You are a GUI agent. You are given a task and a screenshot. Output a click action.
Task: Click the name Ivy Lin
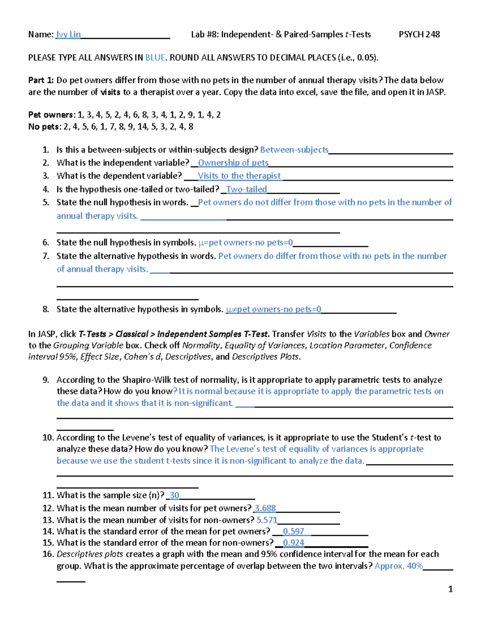click(69, 34)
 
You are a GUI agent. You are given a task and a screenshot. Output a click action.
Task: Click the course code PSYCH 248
click(419, 34)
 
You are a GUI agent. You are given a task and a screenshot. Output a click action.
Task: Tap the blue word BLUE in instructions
click(155, 58)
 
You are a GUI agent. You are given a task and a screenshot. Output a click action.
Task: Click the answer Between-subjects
click(294, 150)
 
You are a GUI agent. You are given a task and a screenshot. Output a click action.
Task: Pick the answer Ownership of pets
click(233, 163)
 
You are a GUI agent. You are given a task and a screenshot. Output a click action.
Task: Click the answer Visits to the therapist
click(239, 176)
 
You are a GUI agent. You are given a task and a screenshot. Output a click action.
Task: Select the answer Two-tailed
click(247, 189)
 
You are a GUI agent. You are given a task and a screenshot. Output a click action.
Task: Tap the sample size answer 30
click(174, 495)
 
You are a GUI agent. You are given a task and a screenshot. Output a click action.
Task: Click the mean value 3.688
click(265, 508)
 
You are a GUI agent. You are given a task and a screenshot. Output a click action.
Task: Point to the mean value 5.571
click(267, 520)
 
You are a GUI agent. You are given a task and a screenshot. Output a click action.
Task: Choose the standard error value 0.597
click(293, 531)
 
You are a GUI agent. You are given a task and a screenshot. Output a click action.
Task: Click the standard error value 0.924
click(293, 543)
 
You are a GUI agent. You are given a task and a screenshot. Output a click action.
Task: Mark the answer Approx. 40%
click(398, 566)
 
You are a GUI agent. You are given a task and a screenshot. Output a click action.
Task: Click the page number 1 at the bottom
click(451, 589)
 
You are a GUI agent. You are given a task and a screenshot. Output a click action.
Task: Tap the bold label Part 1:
click(41, 80)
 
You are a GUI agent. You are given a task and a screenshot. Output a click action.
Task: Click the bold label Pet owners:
click(51, 115)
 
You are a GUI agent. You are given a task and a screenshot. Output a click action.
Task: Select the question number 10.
click(48, 437)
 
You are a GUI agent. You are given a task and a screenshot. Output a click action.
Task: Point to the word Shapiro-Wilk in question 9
click(146, 380)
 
